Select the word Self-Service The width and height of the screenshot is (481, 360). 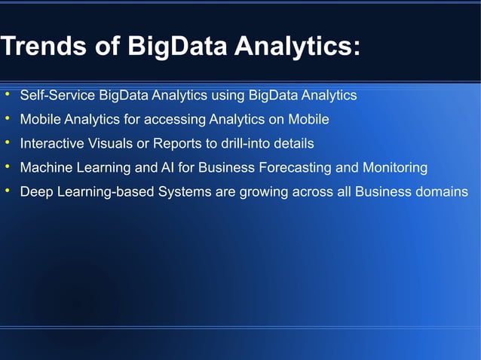pos(58,96)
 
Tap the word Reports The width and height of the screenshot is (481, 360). pos(170,143)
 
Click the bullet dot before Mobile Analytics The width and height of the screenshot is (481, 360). pos(7,119)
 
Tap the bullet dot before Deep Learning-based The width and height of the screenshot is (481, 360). pos(7,191)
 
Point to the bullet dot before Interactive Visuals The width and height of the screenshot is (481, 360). pos(7,142)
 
